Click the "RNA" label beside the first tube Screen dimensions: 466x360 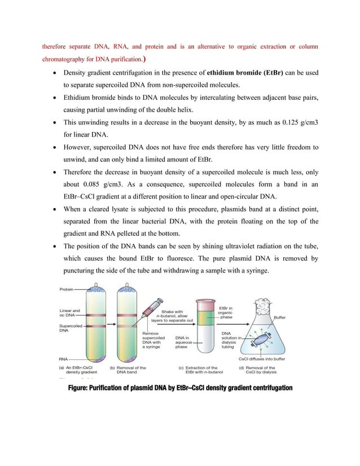pyautogui.click(x=65, y=358)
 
